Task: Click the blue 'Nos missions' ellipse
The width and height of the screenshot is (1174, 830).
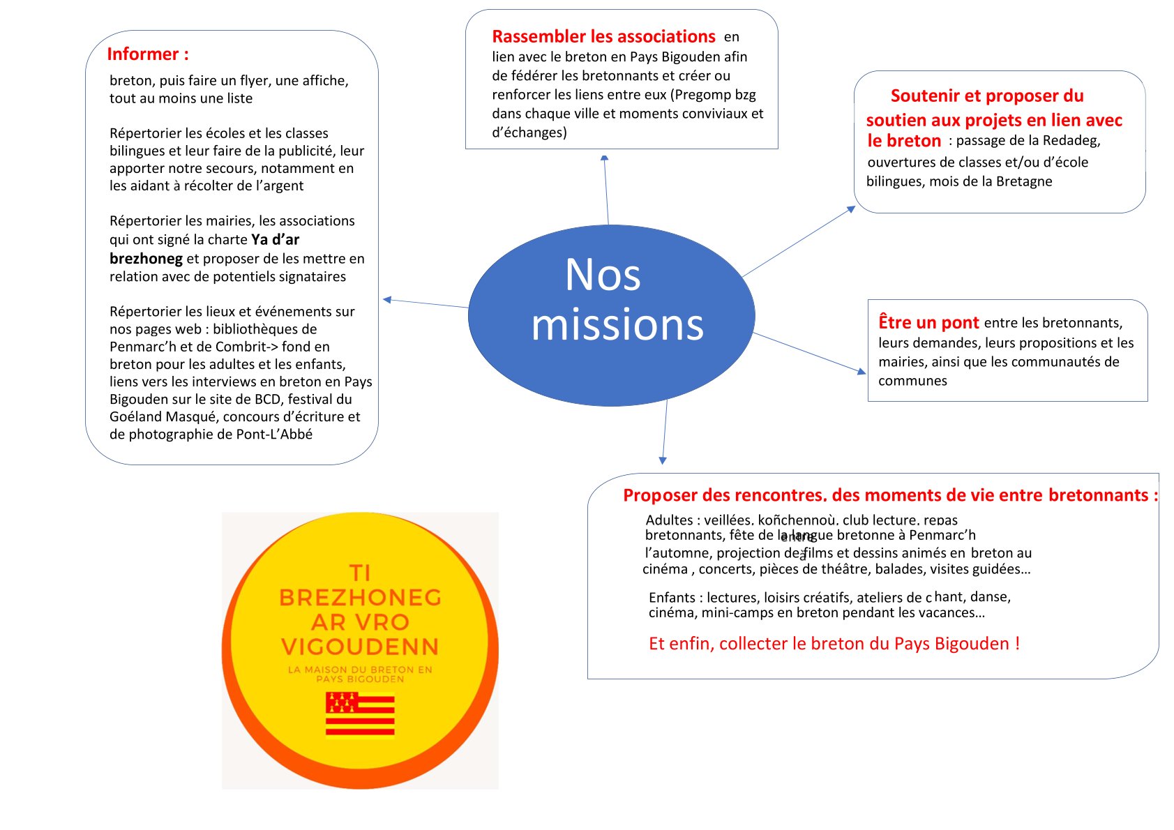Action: click(x=610, y=315)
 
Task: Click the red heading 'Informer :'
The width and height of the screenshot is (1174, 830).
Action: click(x=148, y=54)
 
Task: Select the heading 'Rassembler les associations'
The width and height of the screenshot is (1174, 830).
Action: click(x=603, y=36)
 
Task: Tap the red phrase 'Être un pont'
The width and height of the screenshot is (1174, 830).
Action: click(x=928, y=322)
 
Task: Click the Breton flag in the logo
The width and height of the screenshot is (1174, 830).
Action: click(x=360, y=713)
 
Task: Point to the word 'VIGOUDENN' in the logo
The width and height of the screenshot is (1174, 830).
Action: click(x=360, y=647)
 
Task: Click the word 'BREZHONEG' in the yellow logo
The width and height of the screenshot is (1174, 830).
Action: click(x=360, y=598)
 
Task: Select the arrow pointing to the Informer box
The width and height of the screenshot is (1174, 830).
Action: click(x=426, y=303)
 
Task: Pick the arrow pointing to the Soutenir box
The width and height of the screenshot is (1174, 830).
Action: click(x=799, y=241)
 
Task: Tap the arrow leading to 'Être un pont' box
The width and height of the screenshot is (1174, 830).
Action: click(x=809, y=352)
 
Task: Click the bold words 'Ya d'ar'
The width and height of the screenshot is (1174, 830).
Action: click(x=276, y=240)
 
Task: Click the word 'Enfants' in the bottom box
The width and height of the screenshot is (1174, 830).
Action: click(x=672, y=598)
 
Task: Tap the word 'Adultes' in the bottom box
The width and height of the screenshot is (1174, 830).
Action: click(x=669, y=520)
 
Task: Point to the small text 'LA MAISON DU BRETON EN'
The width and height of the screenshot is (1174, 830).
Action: click(x=360, y=670)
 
